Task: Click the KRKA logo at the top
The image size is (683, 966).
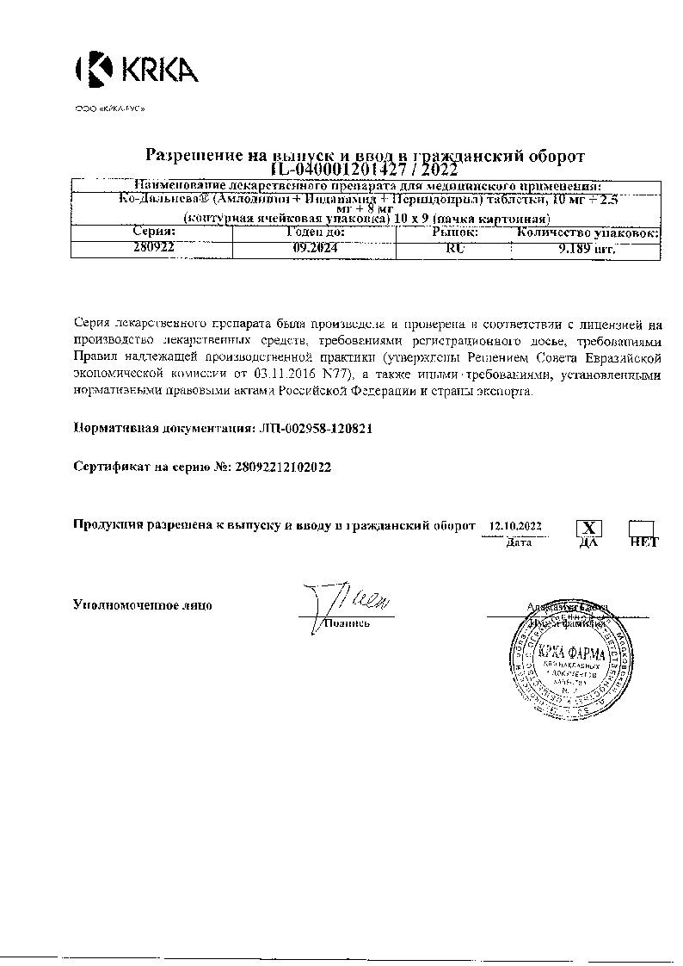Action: (x=138, y=69)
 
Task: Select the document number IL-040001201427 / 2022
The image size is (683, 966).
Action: (x=364, y=169)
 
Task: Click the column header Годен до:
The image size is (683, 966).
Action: (x=314, y=232)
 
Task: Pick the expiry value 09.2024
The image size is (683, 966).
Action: (x=314, y=248)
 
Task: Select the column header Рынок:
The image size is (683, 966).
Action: (x=453, y=232)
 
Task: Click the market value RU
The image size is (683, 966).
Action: (x=452, y=248)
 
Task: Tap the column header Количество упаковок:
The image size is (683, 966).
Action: (x=588, y=232)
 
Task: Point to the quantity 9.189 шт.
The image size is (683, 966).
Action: (x=588, y=248)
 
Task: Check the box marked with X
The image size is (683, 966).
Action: (x=588, y=528)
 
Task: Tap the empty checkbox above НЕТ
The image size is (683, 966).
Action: (x=642, y=527)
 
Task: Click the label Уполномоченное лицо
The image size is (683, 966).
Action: (x=142, y=605)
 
